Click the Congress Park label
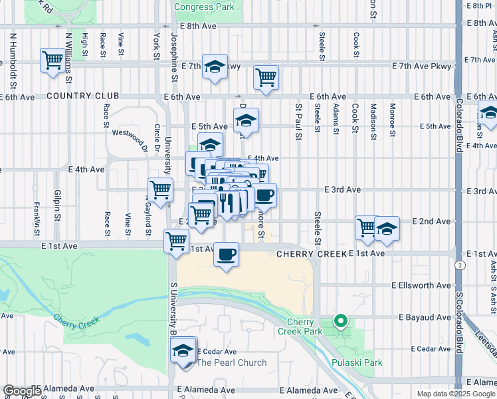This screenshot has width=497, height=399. point(204,7)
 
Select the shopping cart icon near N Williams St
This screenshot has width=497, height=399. point(52,60)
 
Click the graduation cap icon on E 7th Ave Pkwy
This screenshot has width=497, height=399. point(215,66)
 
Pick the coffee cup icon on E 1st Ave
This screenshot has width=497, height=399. point(227,254)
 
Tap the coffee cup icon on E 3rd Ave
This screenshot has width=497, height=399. point(264,196)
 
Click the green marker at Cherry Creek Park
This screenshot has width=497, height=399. point(341,321)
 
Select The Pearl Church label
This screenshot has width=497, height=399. point(231,362)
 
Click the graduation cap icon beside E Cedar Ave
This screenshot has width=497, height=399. point(183,350)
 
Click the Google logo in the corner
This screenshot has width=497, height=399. point(21,391)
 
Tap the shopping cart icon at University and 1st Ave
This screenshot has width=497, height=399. point(176,240)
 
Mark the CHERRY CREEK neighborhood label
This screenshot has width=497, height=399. point(312,254)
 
